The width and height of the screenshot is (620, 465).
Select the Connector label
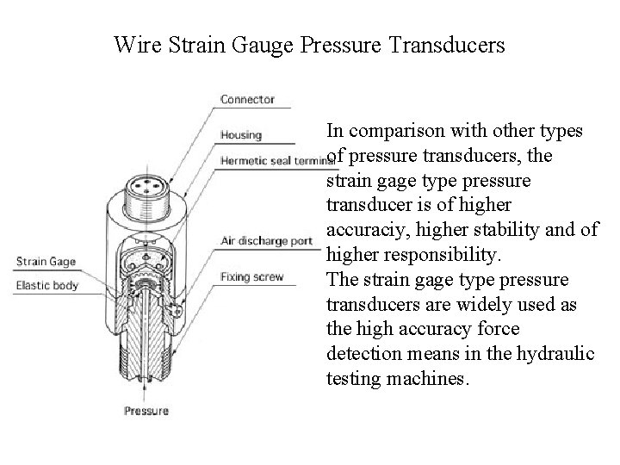[x=247, y=99]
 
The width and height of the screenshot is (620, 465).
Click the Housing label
[x=241, y=135]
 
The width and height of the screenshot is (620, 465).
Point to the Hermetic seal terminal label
[x=276, y=160]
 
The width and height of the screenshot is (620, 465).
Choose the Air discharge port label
[x=266, y=240]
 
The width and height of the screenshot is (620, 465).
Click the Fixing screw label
[x=251, y=277]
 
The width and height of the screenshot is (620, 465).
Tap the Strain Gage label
[x=45, y=262]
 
